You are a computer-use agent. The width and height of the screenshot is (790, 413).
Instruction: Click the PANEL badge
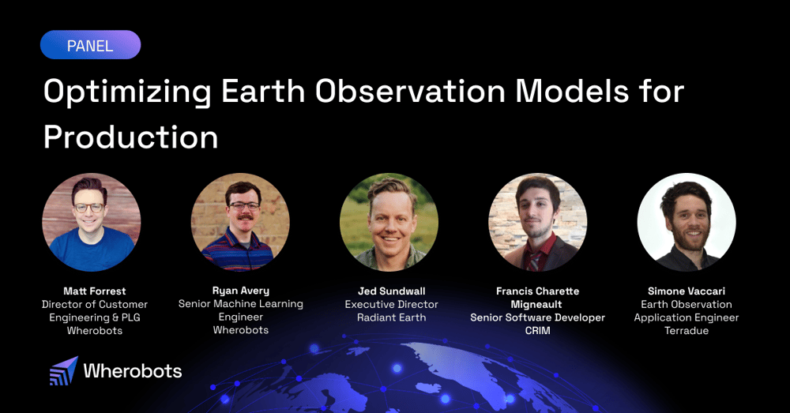click(x=90, y=45)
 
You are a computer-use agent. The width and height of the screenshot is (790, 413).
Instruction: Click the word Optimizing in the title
click(x=126, y=92)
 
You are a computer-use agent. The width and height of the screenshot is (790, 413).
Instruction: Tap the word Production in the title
click(x=130, y=137)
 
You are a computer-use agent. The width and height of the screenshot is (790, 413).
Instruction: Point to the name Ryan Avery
click(x=240, y=291)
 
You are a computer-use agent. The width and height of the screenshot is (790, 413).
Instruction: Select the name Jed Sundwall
click(x=391, y=291)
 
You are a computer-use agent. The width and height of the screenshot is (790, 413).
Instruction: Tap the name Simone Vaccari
click(x=686, y=291)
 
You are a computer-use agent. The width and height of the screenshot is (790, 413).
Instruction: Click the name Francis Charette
click(x=537, y=291)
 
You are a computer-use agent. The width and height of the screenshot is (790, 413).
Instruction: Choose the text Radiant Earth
click(x=391, y=317)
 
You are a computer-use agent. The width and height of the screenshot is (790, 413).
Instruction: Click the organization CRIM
click(x=537, y=331)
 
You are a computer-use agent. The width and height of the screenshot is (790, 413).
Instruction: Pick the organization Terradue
click(x=686, y=331)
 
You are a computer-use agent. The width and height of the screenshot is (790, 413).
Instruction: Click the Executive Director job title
click(x=391, y=305)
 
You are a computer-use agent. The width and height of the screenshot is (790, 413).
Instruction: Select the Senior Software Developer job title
click(x=537, y=317)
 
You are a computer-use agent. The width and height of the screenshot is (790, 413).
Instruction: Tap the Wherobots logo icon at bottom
click(x=63, y=371)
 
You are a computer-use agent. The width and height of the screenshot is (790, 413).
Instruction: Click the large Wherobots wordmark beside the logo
click(x=133, y=371)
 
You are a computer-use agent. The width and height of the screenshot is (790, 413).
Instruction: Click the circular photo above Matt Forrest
click(x=92, y=223)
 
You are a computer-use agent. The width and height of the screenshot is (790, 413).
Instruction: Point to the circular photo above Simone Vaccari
click(x=686, y=223)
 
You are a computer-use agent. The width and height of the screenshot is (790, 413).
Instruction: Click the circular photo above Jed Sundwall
click(x=389, y=223)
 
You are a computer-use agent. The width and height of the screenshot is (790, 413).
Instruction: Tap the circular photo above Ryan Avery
click(x=240, y=223)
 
